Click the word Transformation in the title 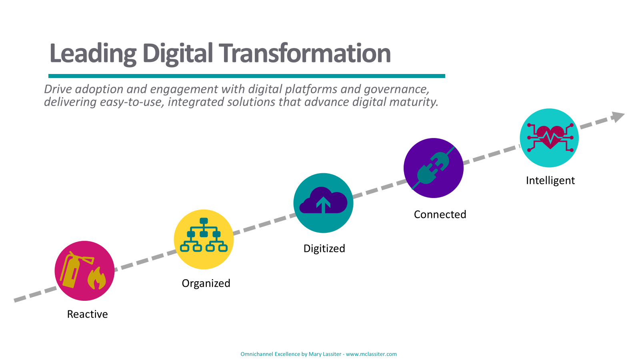coord(305,53)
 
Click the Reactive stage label coord(88,314)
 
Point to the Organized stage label coord(206,284)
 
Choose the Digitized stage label coord(324,249)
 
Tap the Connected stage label coord(440,214)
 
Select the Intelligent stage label coord(550,181)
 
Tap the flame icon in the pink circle coord(97,278)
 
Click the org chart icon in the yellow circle coord(204,235)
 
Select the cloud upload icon coord(324,200)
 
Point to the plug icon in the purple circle coord(433,168)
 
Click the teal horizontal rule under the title coord(246,76)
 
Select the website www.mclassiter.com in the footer coord(371,354)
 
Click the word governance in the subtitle coord(396,90)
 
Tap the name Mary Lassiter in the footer coord(325,354)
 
